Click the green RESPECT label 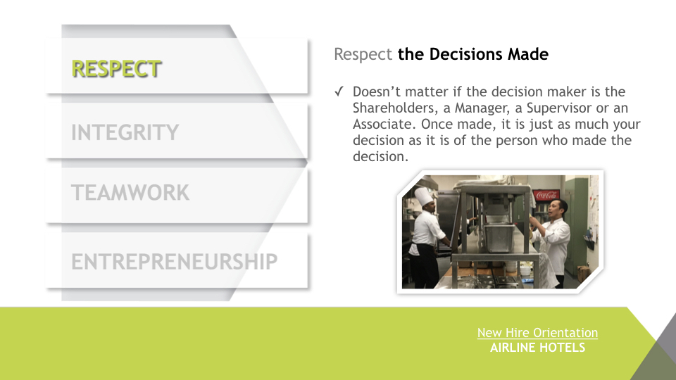[116, 69]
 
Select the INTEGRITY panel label [125, 132]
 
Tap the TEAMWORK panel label [130, 193]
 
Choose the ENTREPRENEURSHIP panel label [174, 262]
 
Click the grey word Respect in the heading [363, 55]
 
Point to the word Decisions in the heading [465, 54]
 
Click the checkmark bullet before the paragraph [339, 91]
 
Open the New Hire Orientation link [537, 333]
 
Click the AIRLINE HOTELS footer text [537, 347]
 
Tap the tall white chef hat [423, 196]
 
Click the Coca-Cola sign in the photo [546, 195]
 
